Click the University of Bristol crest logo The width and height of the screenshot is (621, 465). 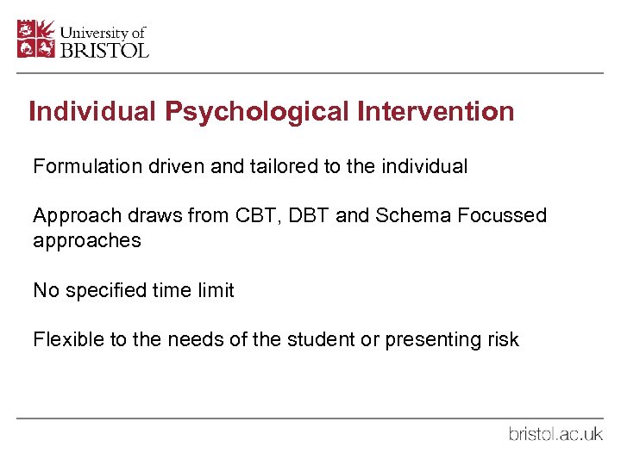(x=35, y=39)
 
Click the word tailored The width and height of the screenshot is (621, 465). (x=282, y=166)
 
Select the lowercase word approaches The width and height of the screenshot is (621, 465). (x=86, y=241)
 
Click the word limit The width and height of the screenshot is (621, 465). (x=216, y=290)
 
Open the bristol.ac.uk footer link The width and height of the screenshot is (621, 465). (x=555, y=434)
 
